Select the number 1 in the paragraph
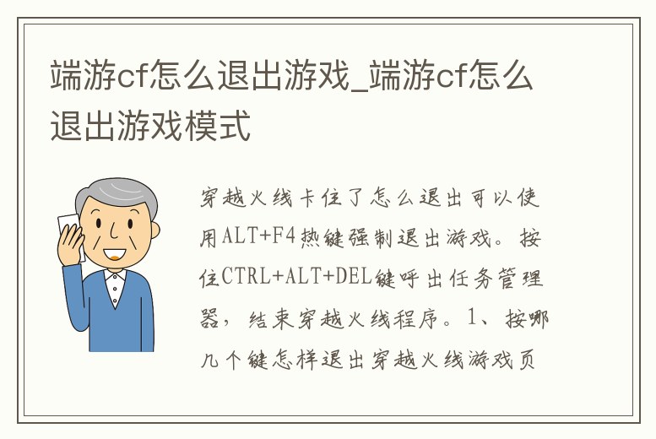point(474,319)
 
